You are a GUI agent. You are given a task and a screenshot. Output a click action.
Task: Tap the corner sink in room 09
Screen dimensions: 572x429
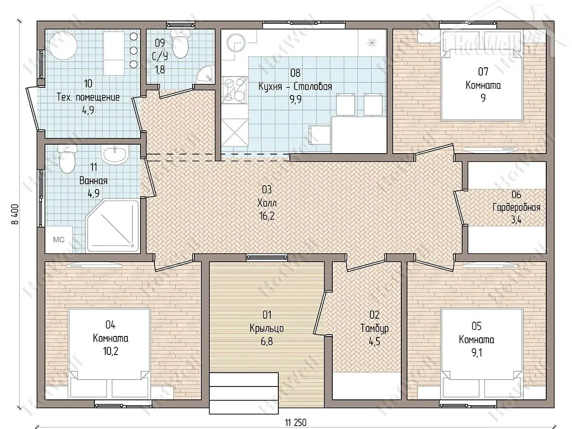tap(205, 73)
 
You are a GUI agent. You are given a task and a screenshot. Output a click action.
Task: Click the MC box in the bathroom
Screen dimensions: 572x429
tap(59, 240)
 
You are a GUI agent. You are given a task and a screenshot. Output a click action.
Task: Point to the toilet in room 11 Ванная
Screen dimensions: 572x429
tap(67, 158)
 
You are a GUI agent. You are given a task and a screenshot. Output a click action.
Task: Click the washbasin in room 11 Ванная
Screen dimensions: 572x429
tap(115, 155)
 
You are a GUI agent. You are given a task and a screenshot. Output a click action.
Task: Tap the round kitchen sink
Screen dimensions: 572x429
tap(236, 43)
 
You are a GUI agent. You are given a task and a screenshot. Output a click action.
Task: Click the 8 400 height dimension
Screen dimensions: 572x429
tap(15, 214)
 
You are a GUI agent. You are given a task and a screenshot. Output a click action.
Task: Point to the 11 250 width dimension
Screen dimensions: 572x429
tap(296, 422)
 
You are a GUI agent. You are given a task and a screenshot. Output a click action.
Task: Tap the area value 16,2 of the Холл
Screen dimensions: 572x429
tap(267, 216)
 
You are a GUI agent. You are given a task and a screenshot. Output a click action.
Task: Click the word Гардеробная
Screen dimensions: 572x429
tap(516, 208)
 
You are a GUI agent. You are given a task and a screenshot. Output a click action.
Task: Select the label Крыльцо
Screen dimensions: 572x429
tap(266, 328)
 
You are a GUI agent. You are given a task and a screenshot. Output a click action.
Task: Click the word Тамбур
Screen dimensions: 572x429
tap(375, 328)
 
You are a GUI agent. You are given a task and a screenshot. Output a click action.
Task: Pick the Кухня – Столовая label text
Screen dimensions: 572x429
tap(295, 86)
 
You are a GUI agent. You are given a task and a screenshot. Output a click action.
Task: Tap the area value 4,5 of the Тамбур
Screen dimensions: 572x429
tap(375, 342)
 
